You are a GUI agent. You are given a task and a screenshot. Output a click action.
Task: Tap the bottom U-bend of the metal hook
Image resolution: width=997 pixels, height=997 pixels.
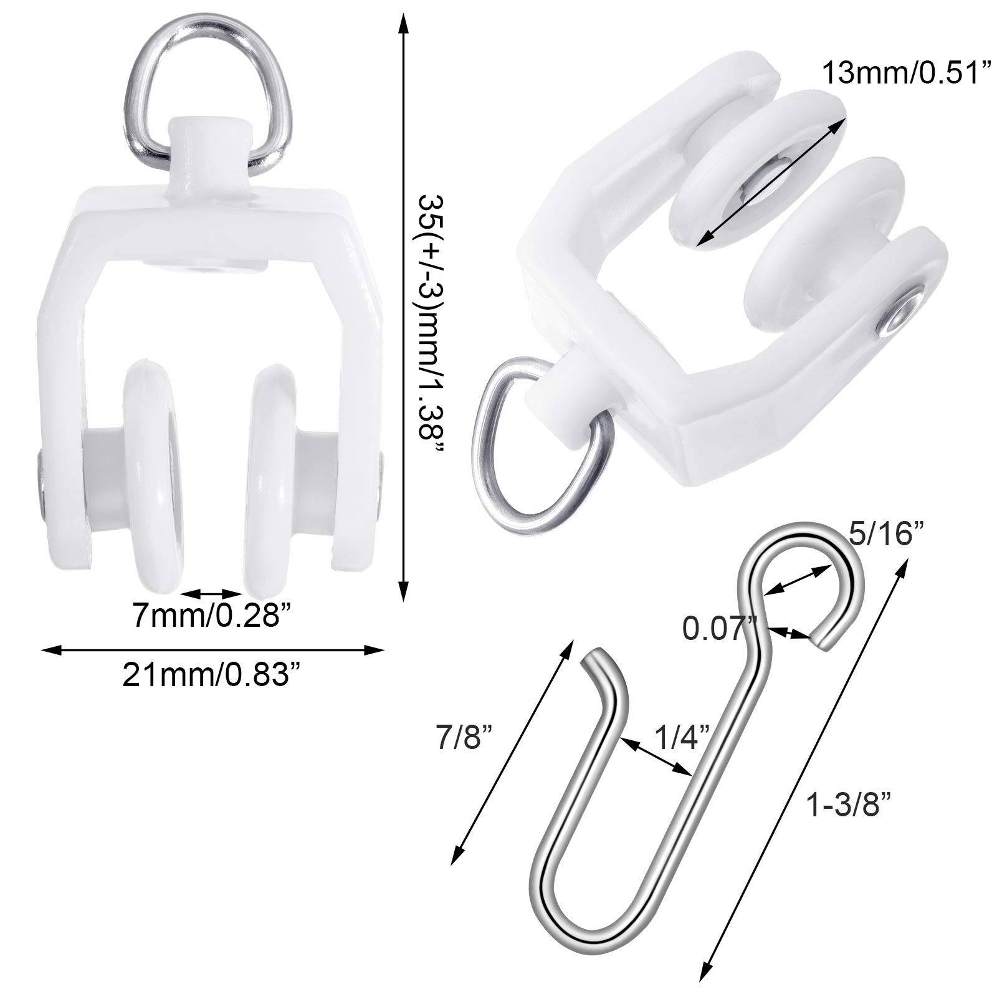tap(589, 904)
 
